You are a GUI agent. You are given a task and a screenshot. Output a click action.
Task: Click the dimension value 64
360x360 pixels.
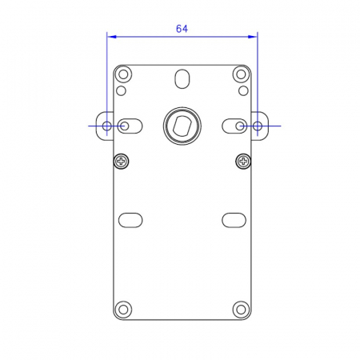(x=182, y=29)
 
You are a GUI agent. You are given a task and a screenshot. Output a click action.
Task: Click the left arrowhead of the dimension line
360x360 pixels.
(x=111, y=37)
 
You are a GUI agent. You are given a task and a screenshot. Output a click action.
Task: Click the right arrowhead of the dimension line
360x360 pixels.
(x=253, y=37)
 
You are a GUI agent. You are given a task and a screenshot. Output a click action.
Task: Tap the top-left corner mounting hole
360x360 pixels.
(x=123, y=74)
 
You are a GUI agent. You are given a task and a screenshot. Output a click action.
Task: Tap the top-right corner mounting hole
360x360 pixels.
(x=241, y=74)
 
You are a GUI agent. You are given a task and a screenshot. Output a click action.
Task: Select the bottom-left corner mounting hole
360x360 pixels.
(x=123, y=310)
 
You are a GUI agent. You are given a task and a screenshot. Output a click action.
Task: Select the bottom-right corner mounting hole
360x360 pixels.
(x=241, y=310)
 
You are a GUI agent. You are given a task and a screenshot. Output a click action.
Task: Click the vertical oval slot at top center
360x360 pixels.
(x=182, y=79)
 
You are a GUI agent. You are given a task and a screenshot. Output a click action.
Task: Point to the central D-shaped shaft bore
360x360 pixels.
(x=182, y=126)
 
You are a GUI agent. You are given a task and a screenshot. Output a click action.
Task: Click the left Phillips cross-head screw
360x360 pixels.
(x=122, y=161)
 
